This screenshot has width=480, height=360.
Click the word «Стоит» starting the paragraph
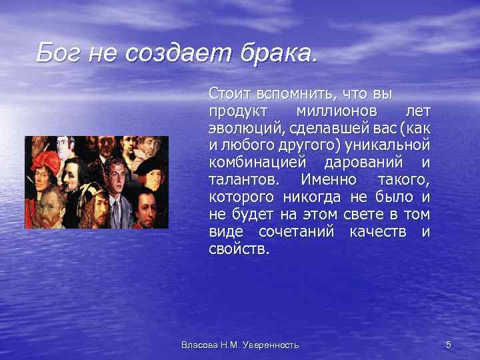point(227,92)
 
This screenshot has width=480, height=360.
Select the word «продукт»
point(238,109)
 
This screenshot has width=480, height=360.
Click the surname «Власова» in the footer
point(197,345)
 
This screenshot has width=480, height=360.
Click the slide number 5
point(448,345)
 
